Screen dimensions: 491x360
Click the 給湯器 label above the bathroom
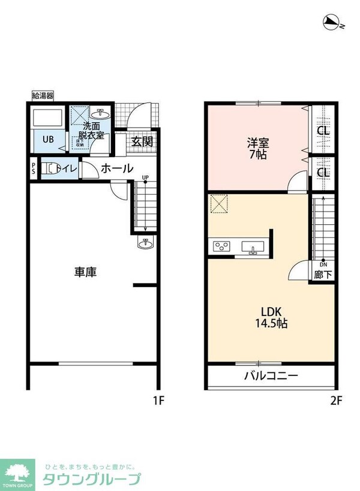coord(43,95)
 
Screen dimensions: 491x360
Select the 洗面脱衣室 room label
coord(93,131)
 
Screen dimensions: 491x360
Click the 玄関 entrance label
coord(142,142)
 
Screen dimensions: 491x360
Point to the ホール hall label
coord(116,168)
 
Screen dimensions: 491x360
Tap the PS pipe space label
coord(34,168)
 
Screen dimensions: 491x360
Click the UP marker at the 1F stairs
coord(145,177)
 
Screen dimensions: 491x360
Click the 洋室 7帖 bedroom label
coord(259,148)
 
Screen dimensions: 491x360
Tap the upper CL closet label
coord(322,131)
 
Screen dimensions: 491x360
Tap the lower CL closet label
coord(322,173)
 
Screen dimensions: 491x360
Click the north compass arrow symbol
coord(331,23)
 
